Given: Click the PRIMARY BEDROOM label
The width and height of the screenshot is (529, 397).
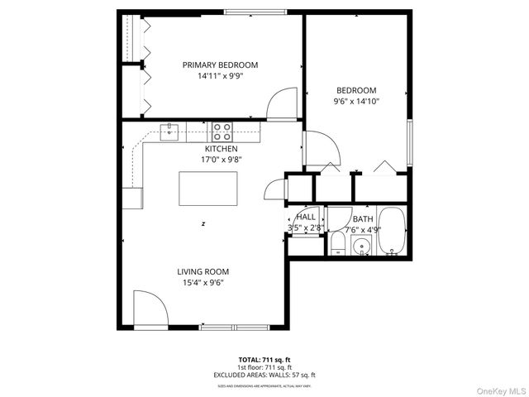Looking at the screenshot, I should (220, 65).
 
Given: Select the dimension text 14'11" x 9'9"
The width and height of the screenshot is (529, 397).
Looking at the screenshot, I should (220, 76).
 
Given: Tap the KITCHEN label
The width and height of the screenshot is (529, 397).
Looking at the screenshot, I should (222, 149).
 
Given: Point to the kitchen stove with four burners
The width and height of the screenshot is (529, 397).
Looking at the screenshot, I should (222, 130).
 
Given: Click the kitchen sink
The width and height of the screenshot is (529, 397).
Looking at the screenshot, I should (169, 131).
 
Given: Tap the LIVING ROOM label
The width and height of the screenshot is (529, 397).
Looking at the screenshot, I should (203, 271).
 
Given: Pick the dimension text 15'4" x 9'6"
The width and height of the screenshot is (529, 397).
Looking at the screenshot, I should (203, 283).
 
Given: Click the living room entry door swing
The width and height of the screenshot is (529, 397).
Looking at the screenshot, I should (150, 308).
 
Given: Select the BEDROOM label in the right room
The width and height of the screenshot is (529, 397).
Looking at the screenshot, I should (355, 90).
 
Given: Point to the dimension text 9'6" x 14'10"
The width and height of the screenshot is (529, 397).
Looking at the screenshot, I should (355, 102).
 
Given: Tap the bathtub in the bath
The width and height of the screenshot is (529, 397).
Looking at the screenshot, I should (392, 233).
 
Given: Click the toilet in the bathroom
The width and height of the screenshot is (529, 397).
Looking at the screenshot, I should (337, 244).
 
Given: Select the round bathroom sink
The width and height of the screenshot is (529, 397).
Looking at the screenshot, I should (361, 246).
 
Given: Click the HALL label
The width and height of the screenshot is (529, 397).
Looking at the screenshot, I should (306, 216).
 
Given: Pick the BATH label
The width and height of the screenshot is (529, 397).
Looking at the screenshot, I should (362, 219).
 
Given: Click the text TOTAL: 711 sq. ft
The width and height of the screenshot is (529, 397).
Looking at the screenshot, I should (264, 360).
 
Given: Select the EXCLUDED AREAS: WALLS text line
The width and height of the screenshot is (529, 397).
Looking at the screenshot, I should (264, 375).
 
